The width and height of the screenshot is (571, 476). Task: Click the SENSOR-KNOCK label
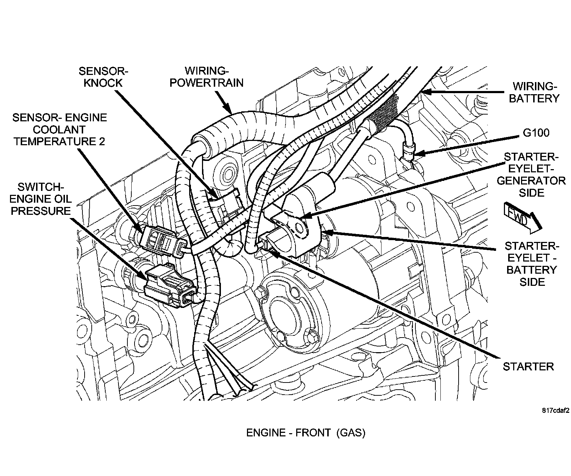(103, 77)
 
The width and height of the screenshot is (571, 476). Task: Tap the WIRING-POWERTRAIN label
(206, 77)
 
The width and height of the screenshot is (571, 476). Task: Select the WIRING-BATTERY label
(534, 92)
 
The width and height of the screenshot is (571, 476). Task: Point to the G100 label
(536, 133)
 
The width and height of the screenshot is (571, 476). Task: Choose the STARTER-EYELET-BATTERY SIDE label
(532, 264)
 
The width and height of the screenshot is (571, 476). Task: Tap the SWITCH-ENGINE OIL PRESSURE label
(41, 198)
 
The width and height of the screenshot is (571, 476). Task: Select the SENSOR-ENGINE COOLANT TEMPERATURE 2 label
(60, 129)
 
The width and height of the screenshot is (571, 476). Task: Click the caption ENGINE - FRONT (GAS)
(306, 433)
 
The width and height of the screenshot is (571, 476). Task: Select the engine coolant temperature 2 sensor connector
(161, 240)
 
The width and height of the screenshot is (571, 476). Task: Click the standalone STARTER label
(528, 366)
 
